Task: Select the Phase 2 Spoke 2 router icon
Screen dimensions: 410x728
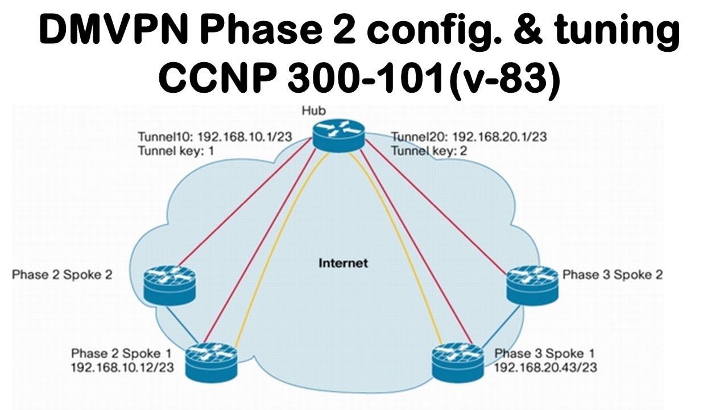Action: pos(169,285)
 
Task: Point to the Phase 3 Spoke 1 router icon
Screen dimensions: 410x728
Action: pos(458,362)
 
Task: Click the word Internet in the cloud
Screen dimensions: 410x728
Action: pos(343,263)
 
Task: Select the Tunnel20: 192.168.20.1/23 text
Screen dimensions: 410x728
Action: pos(469,137)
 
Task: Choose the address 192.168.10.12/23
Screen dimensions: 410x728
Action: pos(122,367)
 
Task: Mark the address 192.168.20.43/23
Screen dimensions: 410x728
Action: pos(545,367)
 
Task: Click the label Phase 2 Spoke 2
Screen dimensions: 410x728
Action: pos(62,275)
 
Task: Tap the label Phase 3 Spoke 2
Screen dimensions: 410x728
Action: pos(613,275)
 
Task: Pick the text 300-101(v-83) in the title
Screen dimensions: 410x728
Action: pos(423,80)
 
